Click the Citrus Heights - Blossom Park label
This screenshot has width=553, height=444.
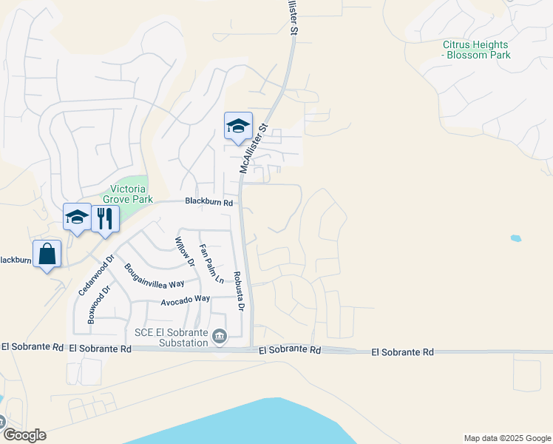[476, 50]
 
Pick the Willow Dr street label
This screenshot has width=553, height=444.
[183, 252]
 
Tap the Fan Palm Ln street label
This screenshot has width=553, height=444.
[211, 264]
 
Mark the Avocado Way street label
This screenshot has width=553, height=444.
[186, 300]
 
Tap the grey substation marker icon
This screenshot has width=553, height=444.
[220, 337]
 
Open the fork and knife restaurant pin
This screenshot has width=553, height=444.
[104, 218]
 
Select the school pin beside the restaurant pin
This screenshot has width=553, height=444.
[77, 217]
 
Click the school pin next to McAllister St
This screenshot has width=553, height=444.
[238, 126]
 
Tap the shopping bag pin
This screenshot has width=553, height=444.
[47, 254]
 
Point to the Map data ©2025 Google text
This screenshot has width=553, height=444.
[506, 438]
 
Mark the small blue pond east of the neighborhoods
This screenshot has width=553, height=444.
[515, 238]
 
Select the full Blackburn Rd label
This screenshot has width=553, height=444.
[208, 202]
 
